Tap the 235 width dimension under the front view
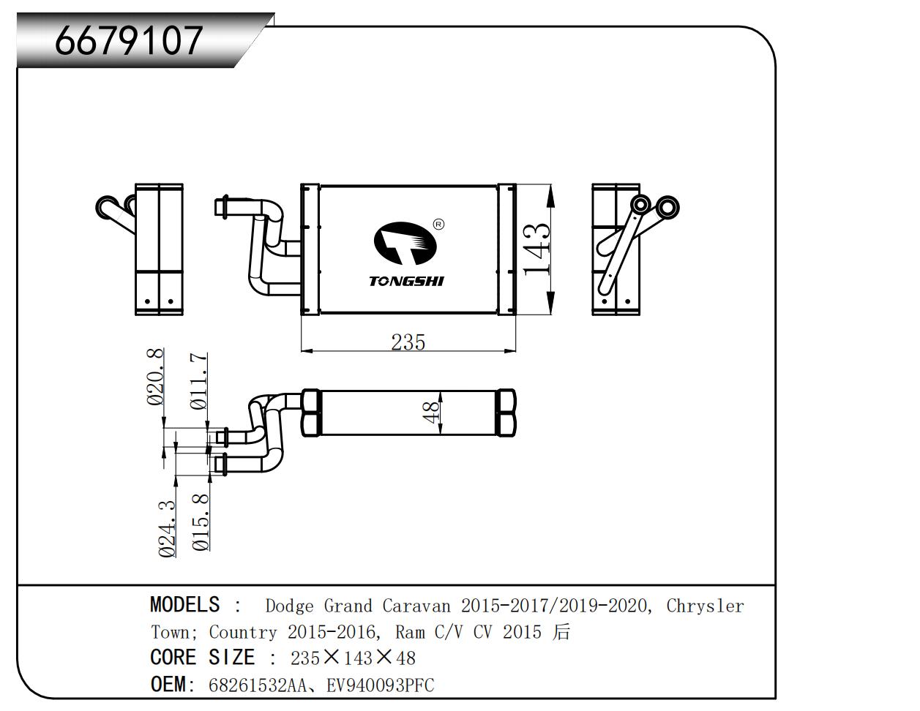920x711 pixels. click(408, 342)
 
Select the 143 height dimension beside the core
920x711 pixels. click(537, 249)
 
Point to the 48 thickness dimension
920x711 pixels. click(433, 412)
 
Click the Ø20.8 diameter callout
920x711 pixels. click(155, 377)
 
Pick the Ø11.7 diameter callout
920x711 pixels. click(198, 381)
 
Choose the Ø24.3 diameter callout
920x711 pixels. click(168, 529)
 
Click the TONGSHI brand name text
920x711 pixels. click(407, 282)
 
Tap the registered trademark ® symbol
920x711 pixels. click(438, 225)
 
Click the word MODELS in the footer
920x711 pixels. click(184, 605)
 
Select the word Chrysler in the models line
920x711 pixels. click(705, 606)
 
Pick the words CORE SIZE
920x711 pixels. click(202, 658)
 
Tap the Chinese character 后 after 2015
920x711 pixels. click(561, 631)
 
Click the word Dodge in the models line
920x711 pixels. click(289, 606)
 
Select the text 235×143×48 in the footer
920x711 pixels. click(353, 658)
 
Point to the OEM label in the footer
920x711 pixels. click(168, 685)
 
